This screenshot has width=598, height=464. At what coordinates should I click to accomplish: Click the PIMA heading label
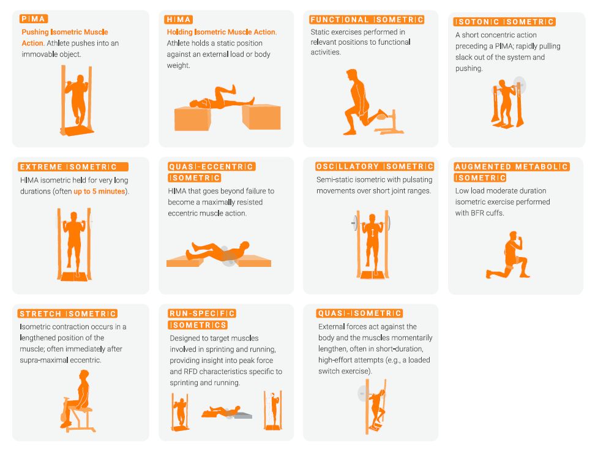point(34,19)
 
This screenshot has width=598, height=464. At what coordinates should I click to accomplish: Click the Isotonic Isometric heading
point(505,22)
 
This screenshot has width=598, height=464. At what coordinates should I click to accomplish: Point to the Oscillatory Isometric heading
point(375,167)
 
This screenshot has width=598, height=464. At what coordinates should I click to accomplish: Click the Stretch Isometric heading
point(68,313)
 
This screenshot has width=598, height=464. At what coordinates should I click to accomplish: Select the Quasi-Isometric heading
point(360,313)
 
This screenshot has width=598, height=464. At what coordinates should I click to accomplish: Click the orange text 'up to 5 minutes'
point(99,192)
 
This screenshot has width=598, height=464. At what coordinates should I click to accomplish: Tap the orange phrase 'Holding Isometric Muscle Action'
point(222,32)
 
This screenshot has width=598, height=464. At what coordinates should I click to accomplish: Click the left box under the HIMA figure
point(197,118)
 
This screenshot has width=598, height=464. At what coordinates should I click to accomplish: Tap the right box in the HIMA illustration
point(261,116)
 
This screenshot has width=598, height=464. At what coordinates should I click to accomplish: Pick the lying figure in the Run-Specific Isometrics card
point(223,411)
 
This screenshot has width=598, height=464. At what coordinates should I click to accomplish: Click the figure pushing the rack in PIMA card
point(77,98)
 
